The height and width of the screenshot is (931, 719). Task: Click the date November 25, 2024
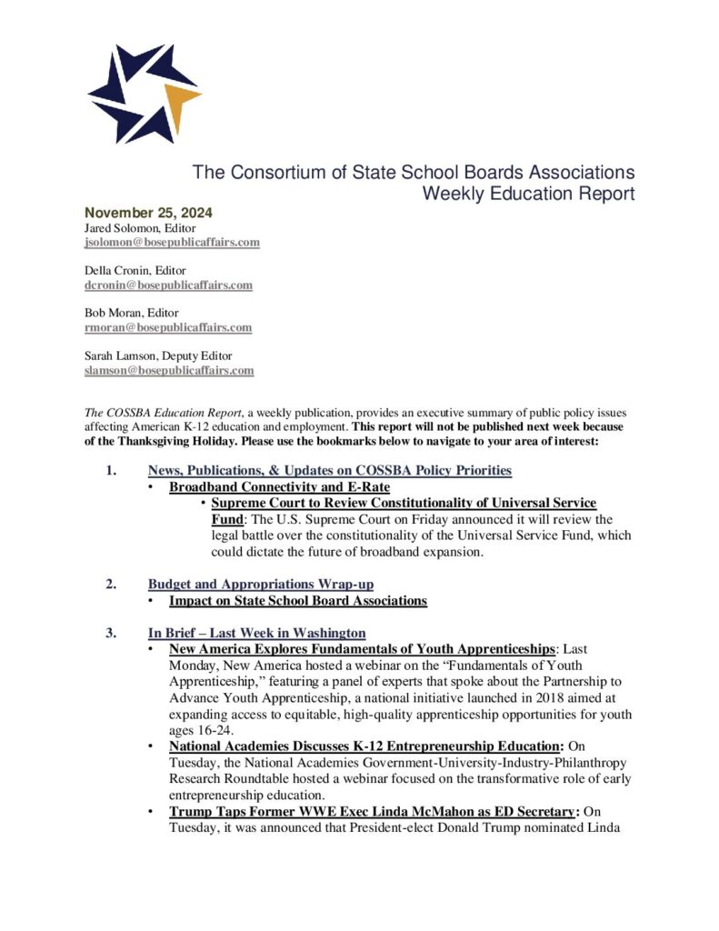pyautogui.click(x=147, y=213)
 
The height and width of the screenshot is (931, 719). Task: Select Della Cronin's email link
pyautogui.click(x=168, y=285)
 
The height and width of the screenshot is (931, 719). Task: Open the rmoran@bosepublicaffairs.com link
pyautogui.click(x=168, y=327)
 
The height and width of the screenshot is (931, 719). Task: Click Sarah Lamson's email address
pyautogui.click(x=169, y=370)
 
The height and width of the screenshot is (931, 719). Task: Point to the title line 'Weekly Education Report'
pyautogui.click(x=528, y=194)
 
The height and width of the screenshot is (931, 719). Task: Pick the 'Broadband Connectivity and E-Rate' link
pyautogui.click(x=279, y=486)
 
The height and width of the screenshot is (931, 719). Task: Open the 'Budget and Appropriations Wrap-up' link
pyautogui.click(x=261, y=585)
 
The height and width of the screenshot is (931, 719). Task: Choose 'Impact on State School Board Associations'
pyautogui.click(x=298, y=601)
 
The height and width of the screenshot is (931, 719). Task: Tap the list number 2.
pyautogui.click(x=109, y=585)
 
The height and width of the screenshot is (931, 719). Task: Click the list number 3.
pyautogui.click(x=109, y=633)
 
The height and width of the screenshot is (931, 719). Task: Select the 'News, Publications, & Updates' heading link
pyautogui.click(x=330, y=470)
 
